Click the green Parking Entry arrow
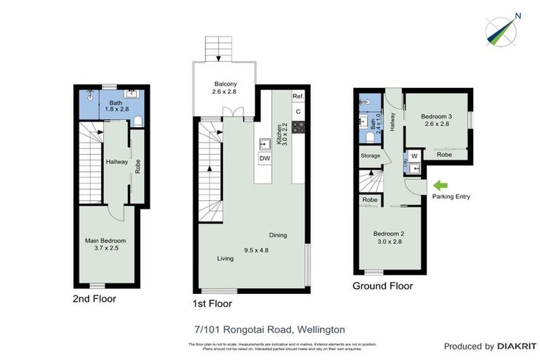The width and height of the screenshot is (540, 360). [441, 186]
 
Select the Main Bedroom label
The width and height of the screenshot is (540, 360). [105, 245]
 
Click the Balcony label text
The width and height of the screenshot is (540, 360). [225, 87]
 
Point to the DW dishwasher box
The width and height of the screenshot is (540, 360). [265, 159]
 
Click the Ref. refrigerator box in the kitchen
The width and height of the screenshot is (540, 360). [298, 96]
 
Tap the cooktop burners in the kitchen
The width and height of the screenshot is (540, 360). [298, 127]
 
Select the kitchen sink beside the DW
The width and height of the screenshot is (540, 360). [265, 143]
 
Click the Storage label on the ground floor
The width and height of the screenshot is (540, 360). [371, 155]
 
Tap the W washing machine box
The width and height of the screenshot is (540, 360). [414, 155]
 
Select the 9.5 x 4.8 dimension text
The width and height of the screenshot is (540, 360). [256, 249]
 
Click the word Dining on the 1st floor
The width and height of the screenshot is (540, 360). [278, 236]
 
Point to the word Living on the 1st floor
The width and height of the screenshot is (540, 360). [225, 259]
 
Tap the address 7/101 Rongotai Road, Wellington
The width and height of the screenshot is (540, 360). [269, 329]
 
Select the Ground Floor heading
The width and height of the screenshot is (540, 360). [383, 286]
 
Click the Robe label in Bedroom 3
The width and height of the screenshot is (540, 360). [444, 154]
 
